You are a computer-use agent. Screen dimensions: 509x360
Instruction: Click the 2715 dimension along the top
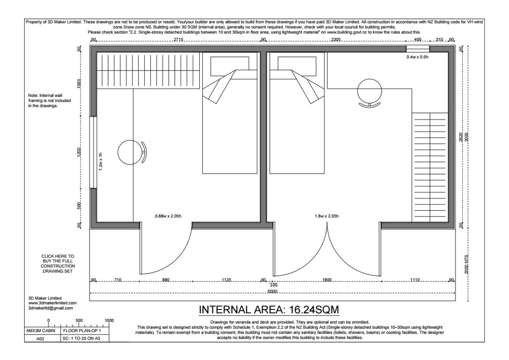pyautogui.click(x=179, y=39)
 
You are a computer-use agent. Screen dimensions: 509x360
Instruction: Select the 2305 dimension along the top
pyautogui.click(x=336, y=39)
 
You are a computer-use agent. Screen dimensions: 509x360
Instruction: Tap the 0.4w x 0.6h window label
pyautogui.click(x=417, y=57)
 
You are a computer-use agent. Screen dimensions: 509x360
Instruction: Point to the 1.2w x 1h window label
pyautogui.click(x=101, y=161)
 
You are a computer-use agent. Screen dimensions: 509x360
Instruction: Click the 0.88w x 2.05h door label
pyautogui.click(x=168, y=216)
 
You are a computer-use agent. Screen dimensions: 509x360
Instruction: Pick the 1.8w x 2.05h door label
pyautogui.click(x=327, y=216)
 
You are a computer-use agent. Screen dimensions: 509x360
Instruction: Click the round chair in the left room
pyautogui.click(x=132, y=152)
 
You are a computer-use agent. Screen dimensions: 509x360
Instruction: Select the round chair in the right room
pyautogui.click(x=369, y=93)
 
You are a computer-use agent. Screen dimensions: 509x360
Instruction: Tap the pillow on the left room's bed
pyautogui.click(x=229, y=66)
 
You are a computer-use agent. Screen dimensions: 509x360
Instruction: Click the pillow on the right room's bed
pyautogui.click(x=297, y=66)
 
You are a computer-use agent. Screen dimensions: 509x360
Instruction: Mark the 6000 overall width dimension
pyautogui.click(x=272, y=291)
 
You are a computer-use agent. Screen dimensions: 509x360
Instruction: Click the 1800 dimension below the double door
pyautogui.click(x=327, y=280)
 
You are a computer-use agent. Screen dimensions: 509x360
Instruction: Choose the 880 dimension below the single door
pyautogui.click(x=166, y=280)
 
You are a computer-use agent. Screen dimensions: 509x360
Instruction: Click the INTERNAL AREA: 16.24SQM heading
pyautogui.click(x=269, y=310)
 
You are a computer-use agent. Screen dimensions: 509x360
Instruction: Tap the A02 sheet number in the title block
pyautogui.click(x=40, y=339)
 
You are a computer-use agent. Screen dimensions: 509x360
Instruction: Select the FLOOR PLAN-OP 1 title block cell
pyautogui.click(x=82, y=330)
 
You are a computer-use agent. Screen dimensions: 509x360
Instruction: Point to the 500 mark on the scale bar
pyautogui.click(x=79, y=321)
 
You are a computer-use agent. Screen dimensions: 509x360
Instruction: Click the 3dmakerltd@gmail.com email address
pyautogui.click(x=50, y=308)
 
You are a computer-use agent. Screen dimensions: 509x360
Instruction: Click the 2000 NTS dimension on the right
pyautogui.click(x=467, y=264)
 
